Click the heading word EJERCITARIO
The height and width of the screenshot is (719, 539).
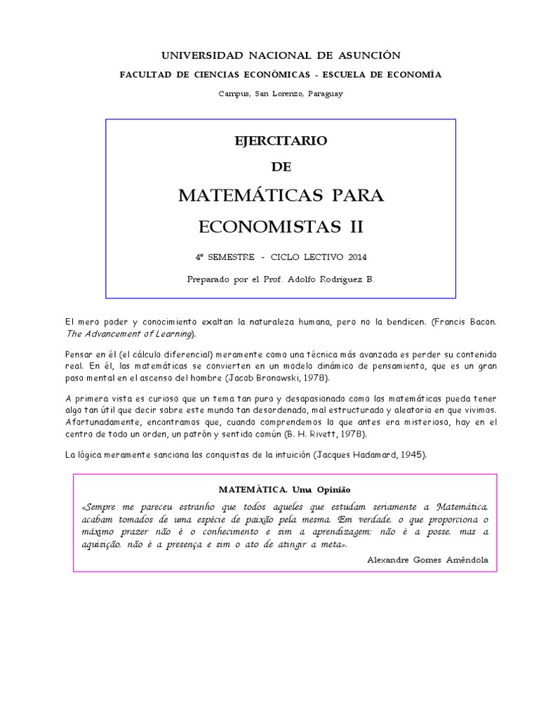281,140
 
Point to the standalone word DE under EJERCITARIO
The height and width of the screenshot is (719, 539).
281,167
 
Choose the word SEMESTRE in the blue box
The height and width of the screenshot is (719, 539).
231,257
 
